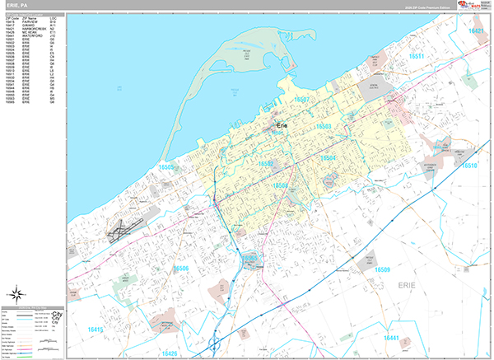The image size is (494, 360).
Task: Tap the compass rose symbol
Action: pos(16,293)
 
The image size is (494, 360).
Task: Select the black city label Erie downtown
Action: pos(283,124)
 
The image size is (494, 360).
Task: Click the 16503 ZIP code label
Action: pos(324,126)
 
